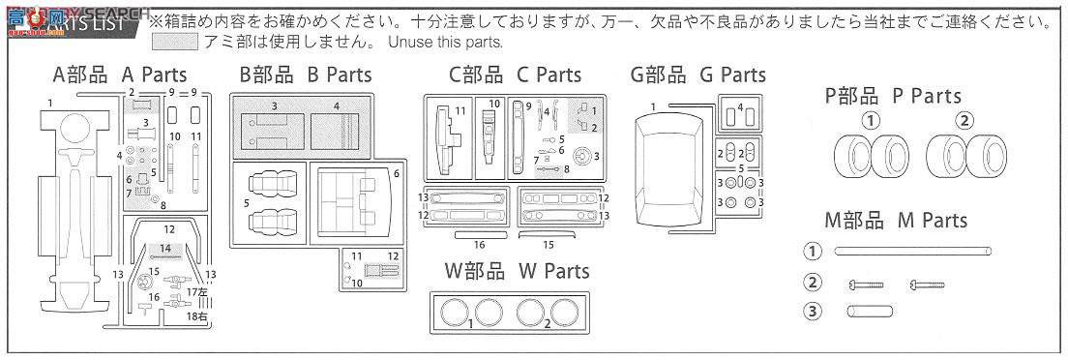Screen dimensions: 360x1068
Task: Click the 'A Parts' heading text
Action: point(119,75)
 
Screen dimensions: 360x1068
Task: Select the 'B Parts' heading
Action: point(305,75)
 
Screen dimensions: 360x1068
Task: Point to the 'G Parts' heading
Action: point(697,75)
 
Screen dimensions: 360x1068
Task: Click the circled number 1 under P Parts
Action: point(872,121)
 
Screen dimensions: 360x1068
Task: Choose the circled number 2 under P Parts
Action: point(964,121)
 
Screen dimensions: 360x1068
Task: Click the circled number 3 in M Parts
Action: point(813,311)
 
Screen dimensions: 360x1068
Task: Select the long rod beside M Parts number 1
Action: point(913,251)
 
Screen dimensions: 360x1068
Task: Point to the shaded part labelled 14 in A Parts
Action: point(165,249)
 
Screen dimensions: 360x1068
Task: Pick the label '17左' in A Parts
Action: point(198,290)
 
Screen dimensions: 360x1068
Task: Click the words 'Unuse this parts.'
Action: point(445,42)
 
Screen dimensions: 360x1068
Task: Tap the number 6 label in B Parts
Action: point(396,175)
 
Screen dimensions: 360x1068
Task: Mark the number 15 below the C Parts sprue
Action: point(548,246)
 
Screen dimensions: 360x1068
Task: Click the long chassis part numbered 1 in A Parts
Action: point(71,213)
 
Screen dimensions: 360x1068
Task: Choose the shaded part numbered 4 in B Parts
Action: point(336,127)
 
